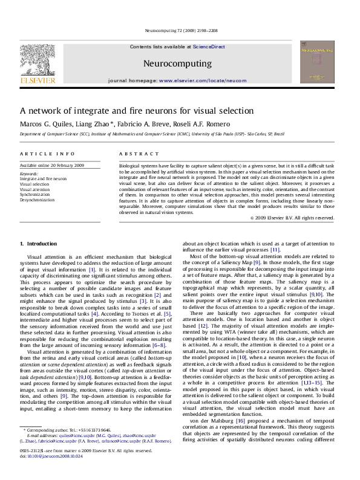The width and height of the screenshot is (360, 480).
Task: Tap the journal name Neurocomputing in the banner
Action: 177,63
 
